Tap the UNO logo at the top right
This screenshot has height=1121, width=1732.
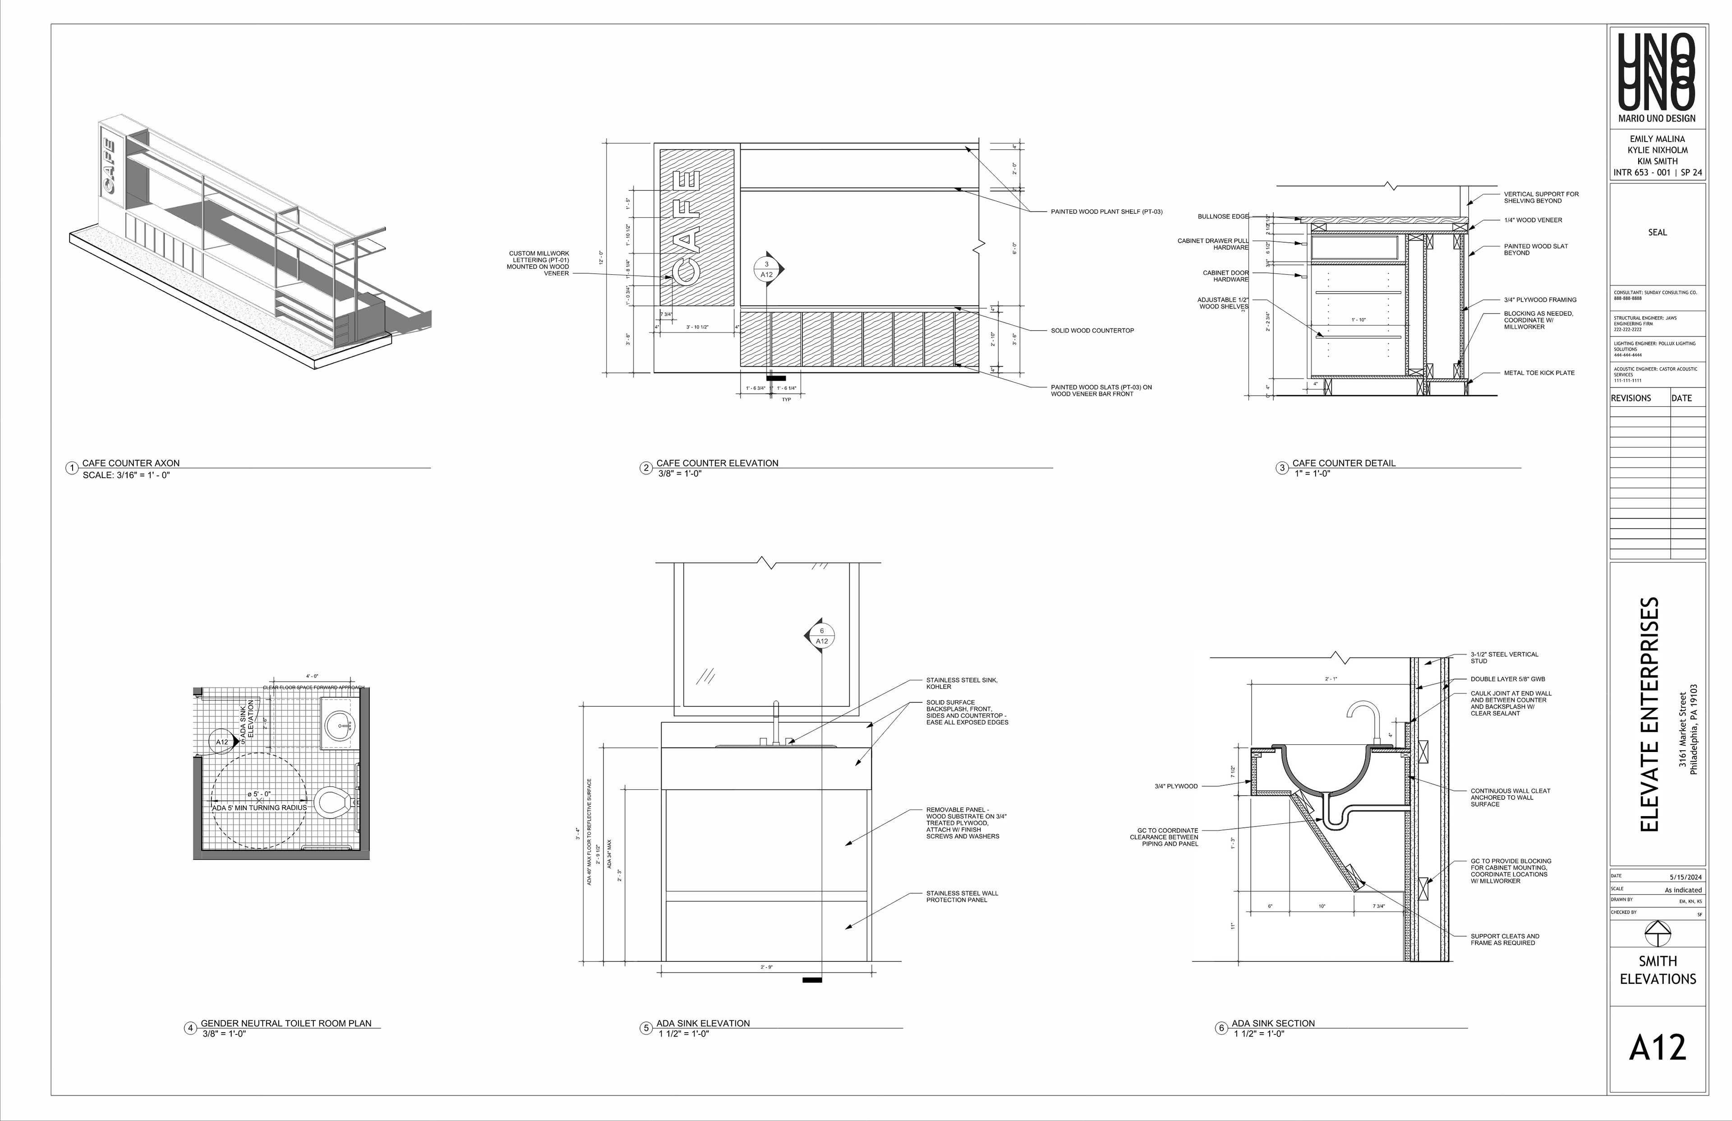pos(1657,73)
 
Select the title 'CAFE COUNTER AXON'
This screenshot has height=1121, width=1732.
pos(130,463)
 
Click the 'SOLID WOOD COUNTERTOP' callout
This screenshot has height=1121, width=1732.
pos(1092,331)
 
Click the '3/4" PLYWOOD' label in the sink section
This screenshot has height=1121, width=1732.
pos(1175,786)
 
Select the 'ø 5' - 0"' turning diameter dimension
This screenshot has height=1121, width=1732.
pos(259,794)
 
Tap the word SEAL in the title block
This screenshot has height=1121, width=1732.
pos(1657,233)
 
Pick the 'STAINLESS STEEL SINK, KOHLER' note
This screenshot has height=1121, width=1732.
pos(961,683)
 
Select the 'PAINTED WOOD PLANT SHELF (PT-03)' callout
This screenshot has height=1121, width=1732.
pos(1106,212)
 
